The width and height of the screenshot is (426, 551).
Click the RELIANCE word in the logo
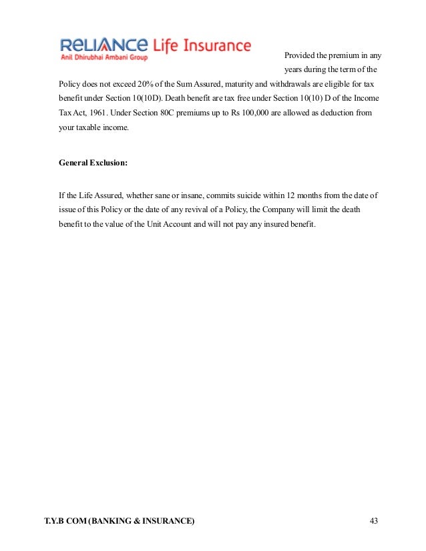click(x=103, y=45)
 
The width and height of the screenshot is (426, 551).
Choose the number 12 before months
click(x=290, y=195)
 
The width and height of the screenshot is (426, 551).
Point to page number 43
click(x=373, y=520)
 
